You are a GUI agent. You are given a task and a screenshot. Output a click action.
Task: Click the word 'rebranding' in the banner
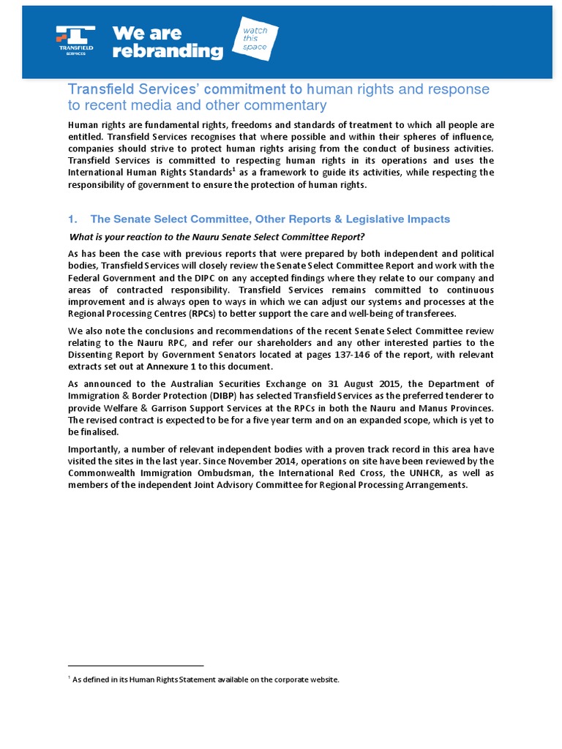click(167, 50)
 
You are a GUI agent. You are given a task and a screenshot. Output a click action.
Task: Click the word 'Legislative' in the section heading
click(375, 219)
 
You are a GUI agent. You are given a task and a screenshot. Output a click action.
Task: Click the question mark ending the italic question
click(361, 236)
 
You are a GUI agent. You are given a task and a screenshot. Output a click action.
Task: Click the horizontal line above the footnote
click(135, 666)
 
